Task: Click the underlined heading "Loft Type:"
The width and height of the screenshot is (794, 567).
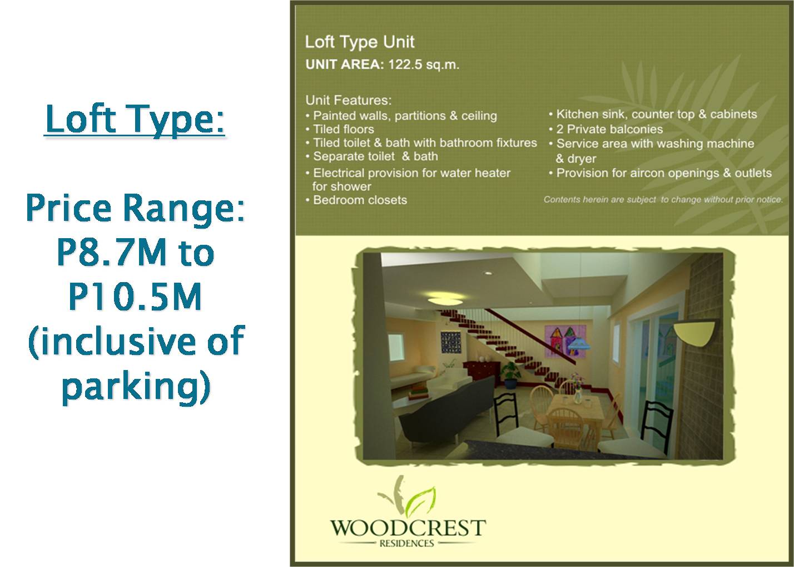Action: click(135, 119)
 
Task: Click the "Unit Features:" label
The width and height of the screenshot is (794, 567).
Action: click(349, 101)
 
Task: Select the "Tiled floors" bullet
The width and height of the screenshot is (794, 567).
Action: click(343, 129)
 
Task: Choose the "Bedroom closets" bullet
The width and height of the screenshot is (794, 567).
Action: click(359, 200)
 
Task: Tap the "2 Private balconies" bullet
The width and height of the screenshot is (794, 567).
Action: click(609, 129)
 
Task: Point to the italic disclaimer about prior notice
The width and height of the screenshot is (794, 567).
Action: click(663, 199)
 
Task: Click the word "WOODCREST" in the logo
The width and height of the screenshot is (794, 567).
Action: click(408, 527)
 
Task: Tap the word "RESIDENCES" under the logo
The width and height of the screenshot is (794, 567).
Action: click(406, 543)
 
